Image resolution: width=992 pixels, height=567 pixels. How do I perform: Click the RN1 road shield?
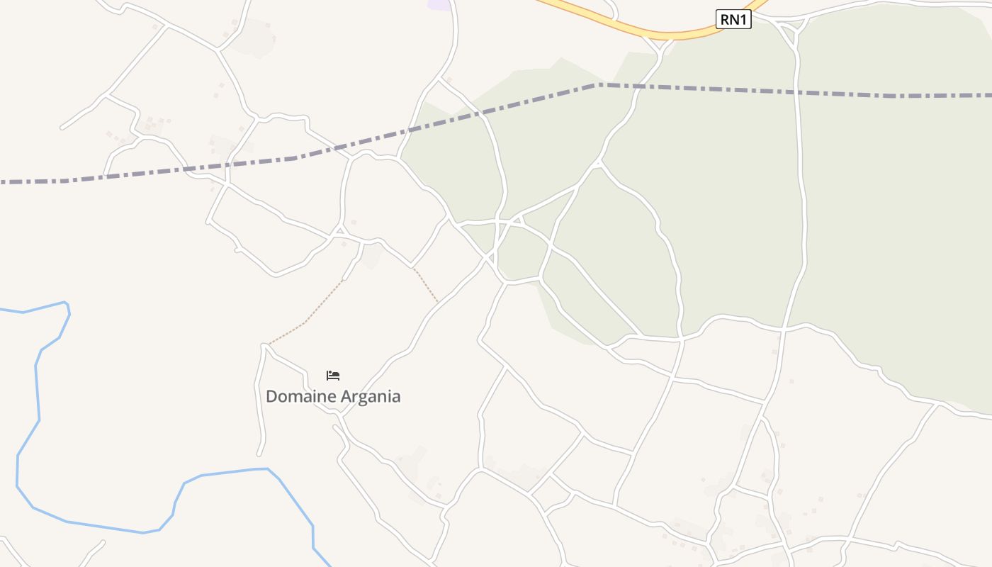pos(733,19)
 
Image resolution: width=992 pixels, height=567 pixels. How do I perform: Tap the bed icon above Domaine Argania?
pos(333,376)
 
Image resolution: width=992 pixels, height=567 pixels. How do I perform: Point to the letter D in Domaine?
pos(271,396)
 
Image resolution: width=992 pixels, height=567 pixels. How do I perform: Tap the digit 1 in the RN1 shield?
pos(743,19)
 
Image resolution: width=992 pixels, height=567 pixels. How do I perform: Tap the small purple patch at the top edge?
pos(439,4)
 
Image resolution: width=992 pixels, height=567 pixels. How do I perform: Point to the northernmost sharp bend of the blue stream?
pos(67,303)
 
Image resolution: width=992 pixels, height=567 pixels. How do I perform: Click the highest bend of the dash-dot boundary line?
pos(597,84)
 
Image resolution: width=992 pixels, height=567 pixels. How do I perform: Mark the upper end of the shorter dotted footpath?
pos(415,269)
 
